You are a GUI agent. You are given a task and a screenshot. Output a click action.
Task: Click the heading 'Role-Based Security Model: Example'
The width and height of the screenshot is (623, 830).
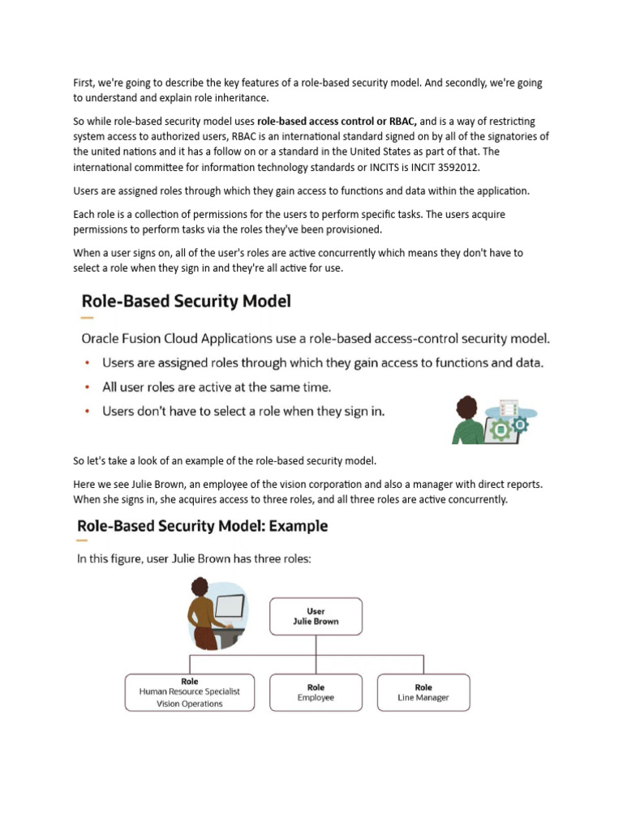click(203, 526)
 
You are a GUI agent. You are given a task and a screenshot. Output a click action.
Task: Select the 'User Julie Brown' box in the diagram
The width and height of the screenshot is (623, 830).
click(316, 617)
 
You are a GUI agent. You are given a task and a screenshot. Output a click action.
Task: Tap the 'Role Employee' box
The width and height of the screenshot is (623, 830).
click(316, 692)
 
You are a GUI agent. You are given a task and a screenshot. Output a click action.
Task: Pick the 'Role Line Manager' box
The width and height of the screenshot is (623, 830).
click(423, 692)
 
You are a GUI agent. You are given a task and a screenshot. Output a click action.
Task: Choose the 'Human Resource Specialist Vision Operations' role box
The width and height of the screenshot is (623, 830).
click(190, 692)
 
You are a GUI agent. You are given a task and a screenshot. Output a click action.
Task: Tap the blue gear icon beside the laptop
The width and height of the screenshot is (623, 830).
click(520, 424)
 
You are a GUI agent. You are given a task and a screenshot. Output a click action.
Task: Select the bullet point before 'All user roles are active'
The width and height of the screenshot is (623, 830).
click(88, 387)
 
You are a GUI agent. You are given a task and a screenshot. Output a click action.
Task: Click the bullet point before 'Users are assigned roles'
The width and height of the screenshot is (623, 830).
click(88, 363)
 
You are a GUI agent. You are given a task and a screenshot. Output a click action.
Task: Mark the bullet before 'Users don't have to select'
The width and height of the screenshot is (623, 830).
click(88, 412)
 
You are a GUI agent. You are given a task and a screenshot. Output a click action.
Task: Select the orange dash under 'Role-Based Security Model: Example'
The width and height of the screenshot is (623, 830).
click(83, 541)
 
